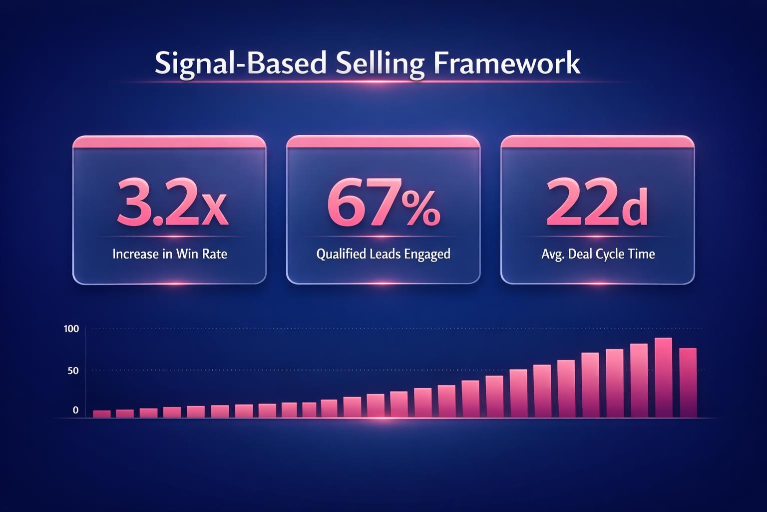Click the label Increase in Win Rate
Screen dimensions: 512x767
(170, 254)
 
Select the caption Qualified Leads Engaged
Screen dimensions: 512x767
(383, 254)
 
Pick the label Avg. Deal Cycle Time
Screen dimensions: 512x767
(598, 254)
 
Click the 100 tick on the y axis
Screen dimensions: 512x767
(71, 329)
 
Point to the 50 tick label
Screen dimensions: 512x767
(73, 370)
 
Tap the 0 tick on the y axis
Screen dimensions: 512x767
(75, 410)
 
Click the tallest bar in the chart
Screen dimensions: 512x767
(663, 377)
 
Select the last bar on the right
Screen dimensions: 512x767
(688, 382)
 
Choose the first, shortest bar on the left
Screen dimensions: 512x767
(102, 414)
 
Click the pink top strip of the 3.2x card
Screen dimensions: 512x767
(169, 141)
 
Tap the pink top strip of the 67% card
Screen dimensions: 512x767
(383, 141)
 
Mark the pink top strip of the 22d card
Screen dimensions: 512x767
(597, 141)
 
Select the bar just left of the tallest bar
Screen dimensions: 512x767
(639, 380)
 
